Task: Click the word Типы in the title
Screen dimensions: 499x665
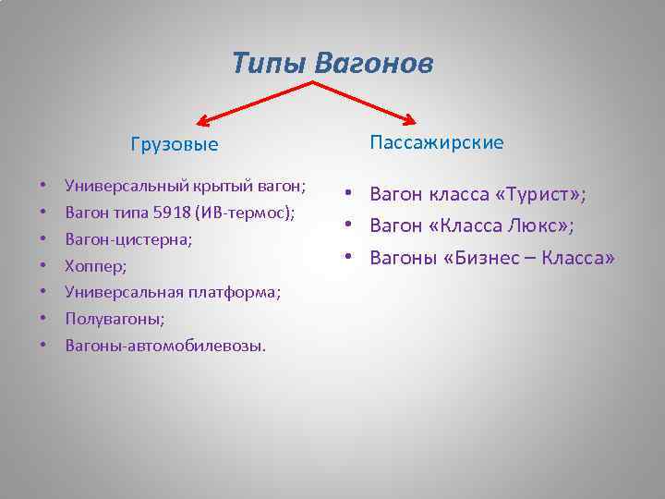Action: point(269,63)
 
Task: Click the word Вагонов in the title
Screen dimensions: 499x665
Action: point(373,63)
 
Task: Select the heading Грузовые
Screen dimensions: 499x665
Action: point(175,144)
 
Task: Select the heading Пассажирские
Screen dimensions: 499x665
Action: point(437,142)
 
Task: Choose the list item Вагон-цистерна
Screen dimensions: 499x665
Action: point(128,239)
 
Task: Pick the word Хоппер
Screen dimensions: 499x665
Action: point(95,266)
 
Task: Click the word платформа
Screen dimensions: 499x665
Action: point(235,292)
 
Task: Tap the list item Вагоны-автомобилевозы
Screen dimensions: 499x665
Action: point(164,346)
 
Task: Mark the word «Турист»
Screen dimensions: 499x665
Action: point(539,195)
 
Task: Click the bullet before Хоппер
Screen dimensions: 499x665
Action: point(43,266)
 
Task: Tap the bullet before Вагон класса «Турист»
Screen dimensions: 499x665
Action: point(352,195)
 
